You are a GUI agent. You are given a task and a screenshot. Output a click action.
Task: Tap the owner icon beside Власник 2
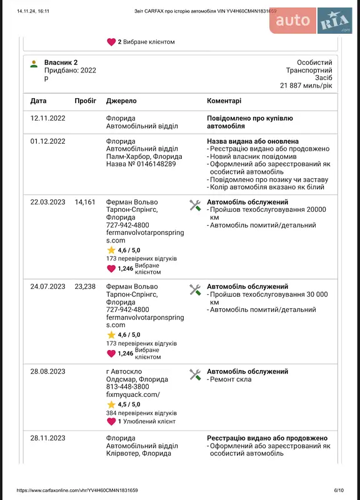(34, 63)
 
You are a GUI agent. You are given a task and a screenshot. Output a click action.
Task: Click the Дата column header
(38, 101)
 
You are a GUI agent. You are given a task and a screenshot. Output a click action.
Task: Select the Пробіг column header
(85, 101)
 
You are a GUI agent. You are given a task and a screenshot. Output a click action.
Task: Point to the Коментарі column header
(224, 101)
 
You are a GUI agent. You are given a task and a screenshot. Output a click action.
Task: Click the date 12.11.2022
(47, 118)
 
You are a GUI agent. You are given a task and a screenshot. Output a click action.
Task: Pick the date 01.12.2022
(47, 141)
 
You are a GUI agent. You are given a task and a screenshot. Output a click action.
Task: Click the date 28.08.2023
(47, 371)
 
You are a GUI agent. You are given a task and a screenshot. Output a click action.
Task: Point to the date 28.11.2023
(47, 438)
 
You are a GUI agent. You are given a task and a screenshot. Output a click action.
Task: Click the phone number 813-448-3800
(127, 387)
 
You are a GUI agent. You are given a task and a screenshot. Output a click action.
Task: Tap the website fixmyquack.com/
(133, 394)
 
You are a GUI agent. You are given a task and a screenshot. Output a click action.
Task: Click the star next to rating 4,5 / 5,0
(111, 404)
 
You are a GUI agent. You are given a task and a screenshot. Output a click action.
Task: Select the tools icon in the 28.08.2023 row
(195, 374)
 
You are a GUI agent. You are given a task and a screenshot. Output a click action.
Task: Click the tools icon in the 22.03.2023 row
(195, 205)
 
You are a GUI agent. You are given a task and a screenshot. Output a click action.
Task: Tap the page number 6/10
(339, 491)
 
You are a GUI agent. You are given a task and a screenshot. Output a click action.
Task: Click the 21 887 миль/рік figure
(306, 85)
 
